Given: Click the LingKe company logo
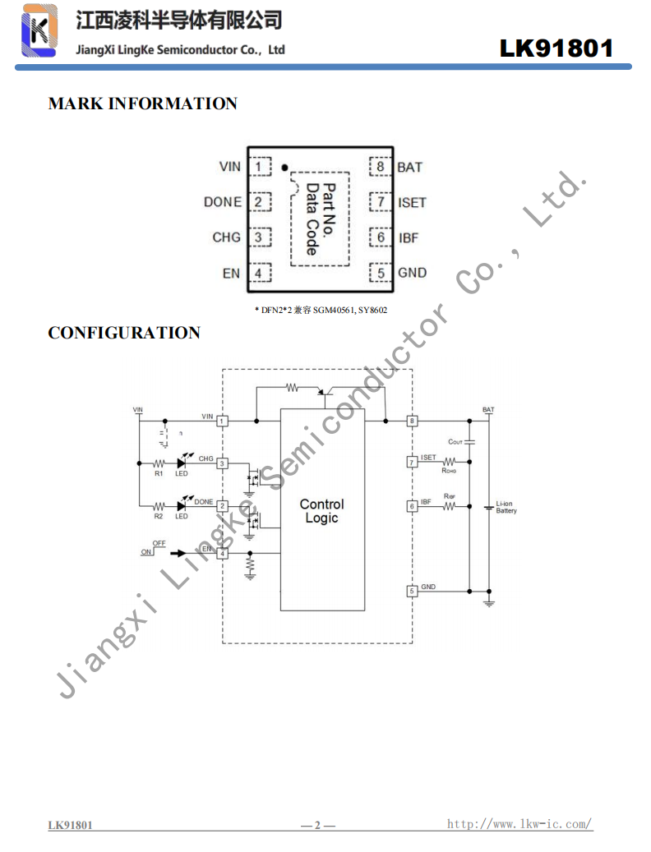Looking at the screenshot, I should (x=39, y=30).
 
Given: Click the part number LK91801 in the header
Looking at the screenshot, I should (x=556, y=48).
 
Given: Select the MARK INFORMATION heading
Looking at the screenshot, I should (x=142, y=104).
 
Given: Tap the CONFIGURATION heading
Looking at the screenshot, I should (x=124, y=333).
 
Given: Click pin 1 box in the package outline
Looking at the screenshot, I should (x=260, y=167).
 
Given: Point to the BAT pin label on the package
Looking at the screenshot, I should (x=409, y=167).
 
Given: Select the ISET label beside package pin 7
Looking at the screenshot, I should (x=412, y=202).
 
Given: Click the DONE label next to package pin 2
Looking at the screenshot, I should (x=223, y=202).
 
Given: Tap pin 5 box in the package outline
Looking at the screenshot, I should (x=381, y=273).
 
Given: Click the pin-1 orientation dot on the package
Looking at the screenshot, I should (x=284, y=168).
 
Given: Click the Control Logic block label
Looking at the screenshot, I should (x=321, y=511).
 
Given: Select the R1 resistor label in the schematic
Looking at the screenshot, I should (x=159, y=473).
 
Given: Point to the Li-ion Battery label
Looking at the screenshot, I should (x=506, y=508).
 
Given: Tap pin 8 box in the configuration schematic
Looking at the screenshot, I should (x=412, y=421).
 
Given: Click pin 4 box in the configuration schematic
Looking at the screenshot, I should (x=222, y=553).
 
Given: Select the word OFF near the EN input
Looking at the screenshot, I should (x=159, y=544).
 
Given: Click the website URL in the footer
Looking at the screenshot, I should (x=519, y=823).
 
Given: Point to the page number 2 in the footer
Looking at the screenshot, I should (x=318, y=825).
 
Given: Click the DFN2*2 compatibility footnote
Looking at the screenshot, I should (x=321, y=310).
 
